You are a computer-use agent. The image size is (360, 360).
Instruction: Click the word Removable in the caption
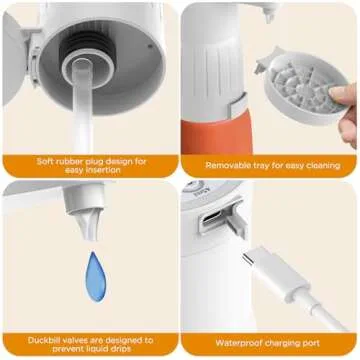pos(229,165)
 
